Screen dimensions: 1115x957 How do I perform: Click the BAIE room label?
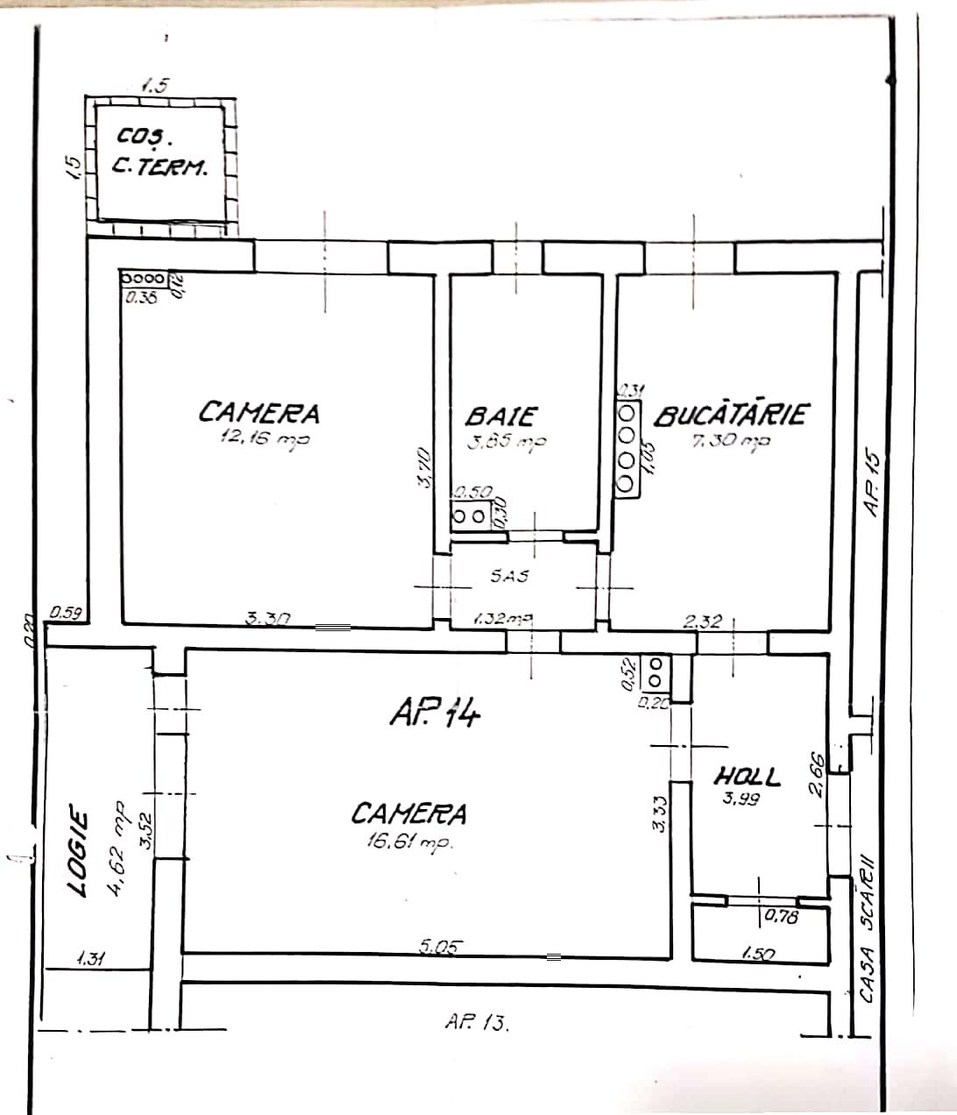500,415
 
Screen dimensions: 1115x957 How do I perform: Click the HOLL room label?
747,776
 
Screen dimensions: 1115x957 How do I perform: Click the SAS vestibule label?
509,576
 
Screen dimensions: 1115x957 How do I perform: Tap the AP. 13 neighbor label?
478,1021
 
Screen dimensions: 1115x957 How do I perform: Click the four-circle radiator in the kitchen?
627,447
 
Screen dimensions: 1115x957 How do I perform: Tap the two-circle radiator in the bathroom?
471,516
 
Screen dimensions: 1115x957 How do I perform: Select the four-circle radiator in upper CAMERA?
142,277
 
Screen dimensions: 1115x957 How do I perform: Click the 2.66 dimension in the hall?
816,773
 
